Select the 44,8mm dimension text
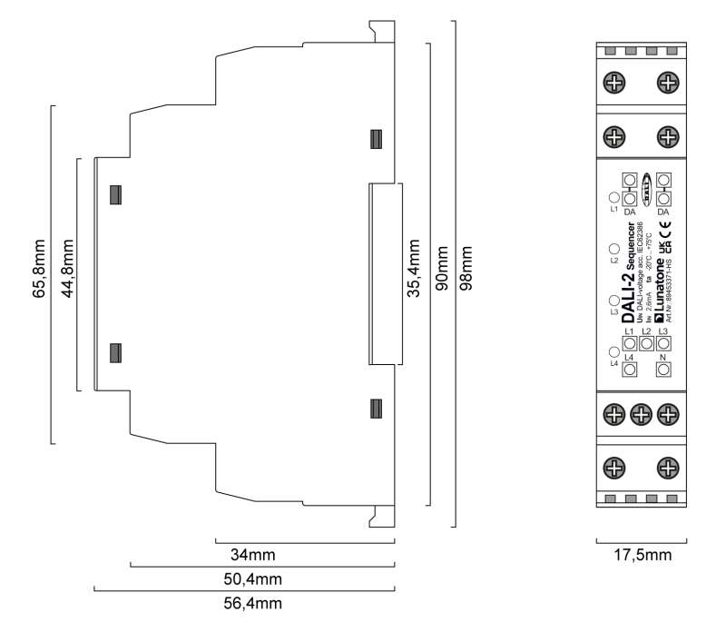(x=66, y=274)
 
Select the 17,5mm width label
(x=641, y=555)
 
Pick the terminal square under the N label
(x=663, y=369)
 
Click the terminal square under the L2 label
(x=646, y=344)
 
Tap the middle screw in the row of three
(x=641, y=414)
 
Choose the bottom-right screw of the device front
(x=668, y=469)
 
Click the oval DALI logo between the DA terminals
(x=646, y=188)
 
